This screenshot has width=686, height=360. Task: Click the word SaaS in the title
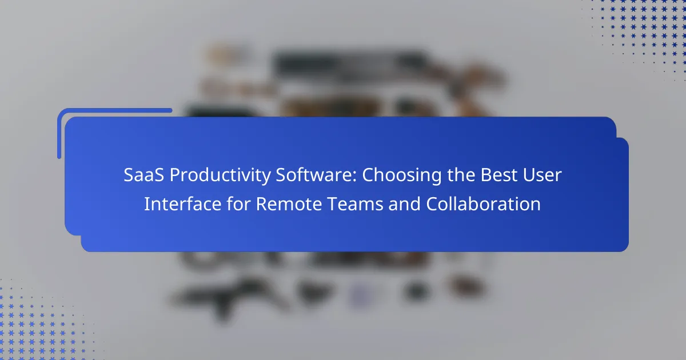pyautogui.click(x=143, y=175)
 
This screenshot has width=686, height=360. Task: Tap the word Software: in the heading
pyautogui.click(x=316, y=175)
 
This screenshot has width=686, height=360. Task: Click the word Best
pyautogui.click(x=498, y=175)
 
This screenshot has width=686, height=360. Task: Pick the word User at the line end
pyautogui.click(x=542, y=175)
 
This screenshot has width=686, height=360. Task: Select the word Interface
pyautogui.click(x=182, y=203)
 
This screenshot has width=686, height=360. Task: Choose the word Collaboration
pyautogui.click(x=483, y=203)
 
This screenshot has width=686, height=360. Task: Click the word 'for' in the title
pyautogui.click(x=238, y=203)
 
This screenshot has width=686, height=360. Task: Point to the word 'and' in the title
pyautogui.click(x=405, y=203)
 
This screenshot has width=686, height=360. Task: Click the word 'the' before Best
pyautogui.click(x=461, y=175)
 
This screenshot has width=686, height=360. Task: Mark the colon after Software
pyautogui.click(x=354, y=177)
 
